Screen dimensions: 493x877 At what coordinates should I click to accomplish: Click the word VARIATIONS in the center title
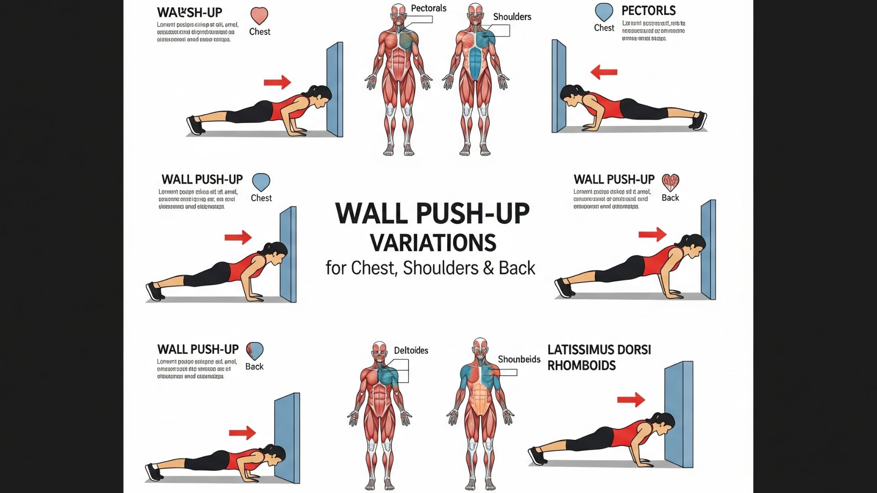point(433,243)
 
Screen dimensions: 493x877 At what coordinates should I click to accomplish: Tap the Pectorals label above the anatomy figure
point(428,8)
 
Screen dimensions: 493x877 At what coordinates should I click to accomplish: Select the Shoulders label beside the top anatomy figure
point(512,17)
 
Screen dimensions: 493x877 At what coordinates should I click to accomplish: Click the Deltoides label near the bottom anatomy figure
point(411,351)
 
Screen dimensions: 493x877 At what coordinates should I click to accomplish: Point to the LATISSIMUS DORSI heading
point(599,350)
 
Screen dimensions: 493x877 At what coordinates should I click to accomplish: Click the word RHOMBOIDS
point(581,366)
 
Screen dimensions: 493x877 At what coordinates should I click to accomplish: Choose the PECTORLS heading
point(649,10)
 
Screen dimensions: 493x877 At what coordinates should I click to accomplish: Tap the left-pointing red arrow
point(604,72)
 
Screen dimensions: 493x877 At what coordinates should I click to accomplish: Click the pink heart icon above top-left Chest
point(259,16)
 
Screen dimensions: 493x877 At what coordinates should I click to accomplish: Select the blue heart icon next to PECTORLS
point(604,12)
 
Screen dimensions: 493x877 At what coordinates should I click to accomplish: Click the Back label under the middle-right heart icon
point(670,198)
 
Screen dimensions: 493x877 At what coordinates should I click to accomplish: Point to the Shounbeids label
point(519,359)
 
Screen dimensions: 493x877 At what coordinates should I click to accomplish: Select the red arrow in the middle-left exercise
point(238,237)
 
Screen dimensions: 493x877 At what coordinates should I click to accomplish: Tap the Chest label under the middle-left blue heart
point(261,198)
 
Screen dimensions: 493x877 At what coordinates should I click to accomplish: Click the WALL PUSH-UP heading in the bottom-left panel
point(198,350)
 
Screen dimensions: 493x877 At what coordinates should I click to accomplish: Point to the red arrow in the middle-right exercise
point(652,234)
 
